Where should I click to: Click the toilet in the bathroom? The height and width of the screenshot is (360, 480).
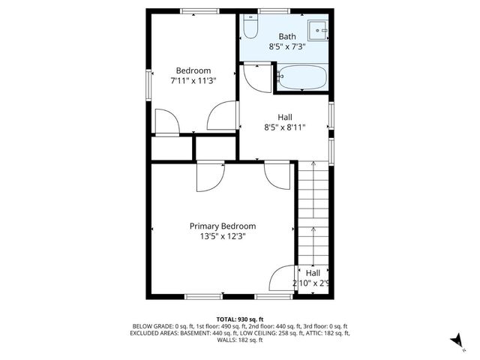(x=249, y=29)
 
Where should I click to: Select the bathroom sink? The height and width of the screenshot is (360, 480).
(x=321, y=32)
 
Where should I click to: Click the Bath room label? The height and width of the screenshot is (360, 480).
(x=287, y=36)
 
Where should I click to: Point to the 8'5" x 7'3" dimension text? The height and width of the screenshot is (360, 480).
(x=287, y=46)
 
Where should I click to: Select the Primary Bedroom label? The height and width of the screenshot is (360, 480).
(x=222, y=226)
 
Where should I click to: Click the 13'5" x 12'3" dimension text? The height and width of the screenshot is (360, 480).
(x=222, y=236)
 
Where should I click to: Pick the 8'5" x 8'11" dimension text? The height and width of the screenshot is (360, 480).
(x=285, y=127)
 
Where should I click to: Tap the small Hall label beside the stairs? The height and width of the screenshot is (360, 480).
(x=313, y=272)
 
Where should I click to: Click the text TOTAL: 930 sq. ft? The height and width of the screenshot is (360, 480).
(x=240, y=319)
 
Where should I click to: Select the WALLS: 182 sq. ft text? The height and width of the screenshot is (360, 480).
(x=240, y=340)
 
